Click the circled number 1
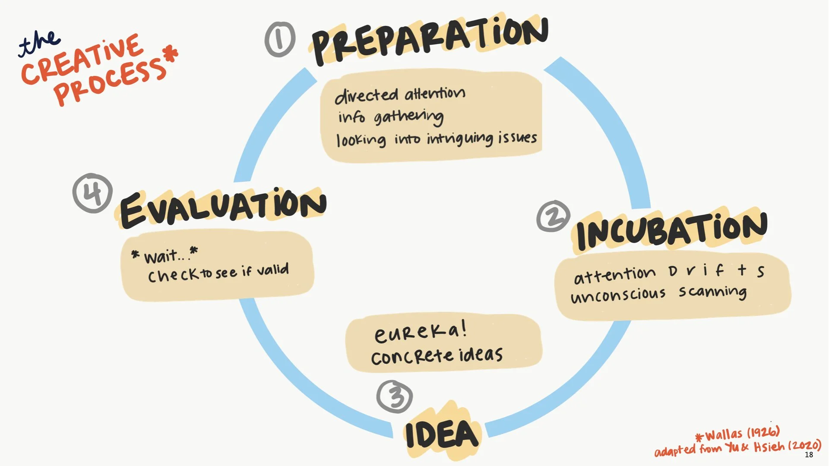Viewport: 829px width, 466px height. (x=280, y=40)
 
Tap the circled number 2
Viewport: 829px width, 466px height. (x=553, y=216)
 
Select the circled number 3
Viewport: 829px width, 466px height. (x=395, y=396)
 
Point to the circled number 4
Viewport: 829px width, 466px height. (x=92, y=193)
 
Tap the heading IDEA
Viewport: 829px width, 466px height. (x=442, y=434)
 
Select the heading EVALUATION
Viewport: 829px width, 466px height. (x=223, y=208)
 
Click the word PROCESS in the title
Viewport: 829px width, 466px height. (x=111, y=82)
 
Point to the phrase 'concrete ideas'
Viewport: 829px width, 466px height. (x=437, y=356)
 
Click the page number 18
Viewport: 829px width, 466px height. (x=809, y=454)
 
